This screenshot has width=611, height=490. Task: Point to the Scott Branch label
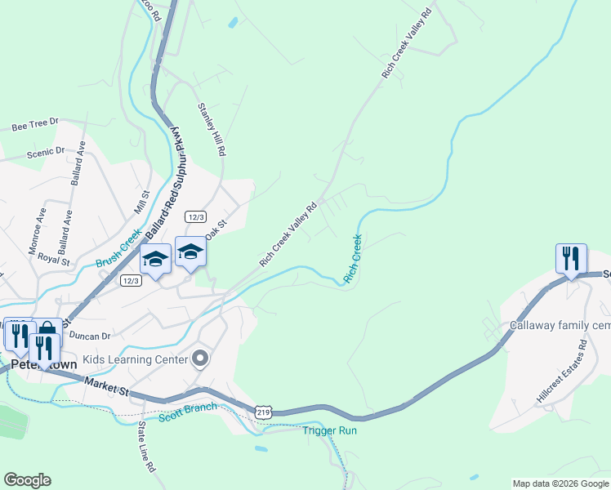coord(189,412)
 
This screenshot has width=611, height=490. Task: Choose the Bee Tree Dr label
coord(37,125)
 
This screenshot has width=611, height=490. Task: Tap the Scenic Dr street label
coord(45,152)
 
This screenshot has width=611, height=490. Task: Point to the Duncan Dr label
coord(89,336)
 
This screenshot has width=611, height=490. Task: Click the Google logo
coord(27,480)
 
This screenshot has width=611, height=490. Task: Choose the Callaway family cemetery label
coord(560,325)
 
